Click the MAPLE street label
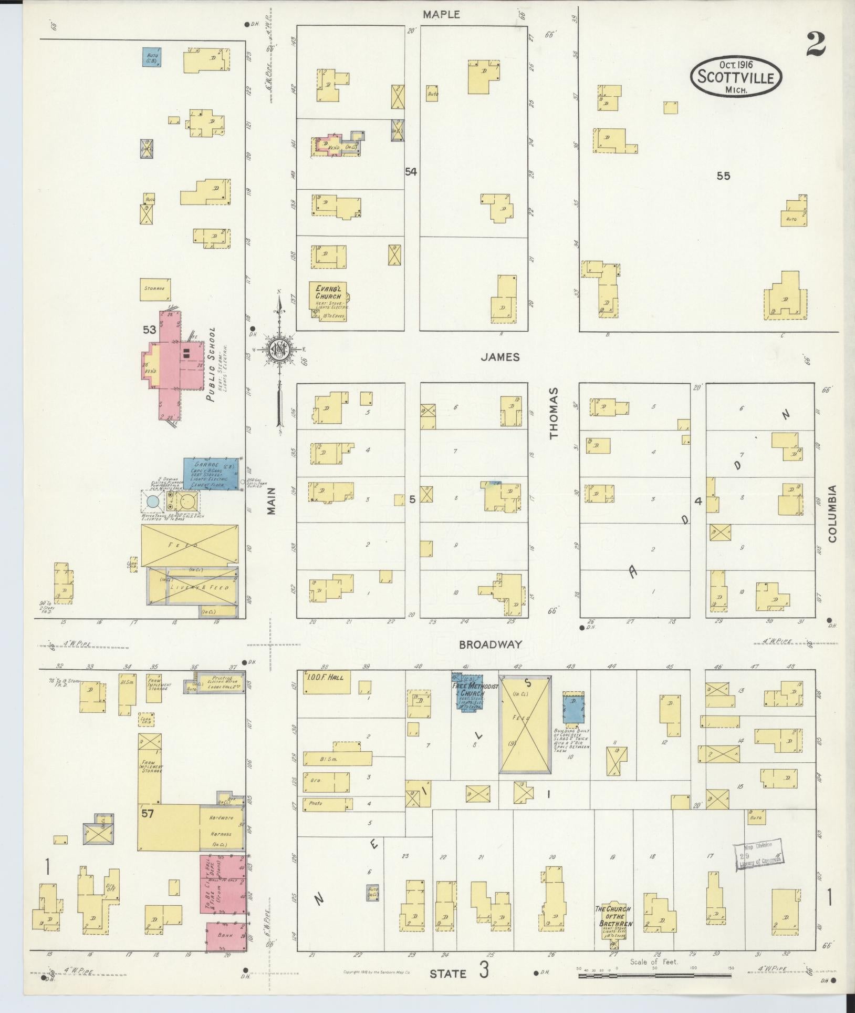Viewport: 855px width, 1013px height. pyautogui.click(x=442, y=15)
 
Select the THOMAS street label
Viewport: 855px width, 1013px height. pyautogui.click(x=555, y=421)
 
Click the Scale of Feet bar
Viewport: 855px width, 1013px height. pyautogui.click(x=655, y=976)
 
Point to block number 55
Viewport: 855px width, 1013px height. pyautogui.click(x=723, y=176)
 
